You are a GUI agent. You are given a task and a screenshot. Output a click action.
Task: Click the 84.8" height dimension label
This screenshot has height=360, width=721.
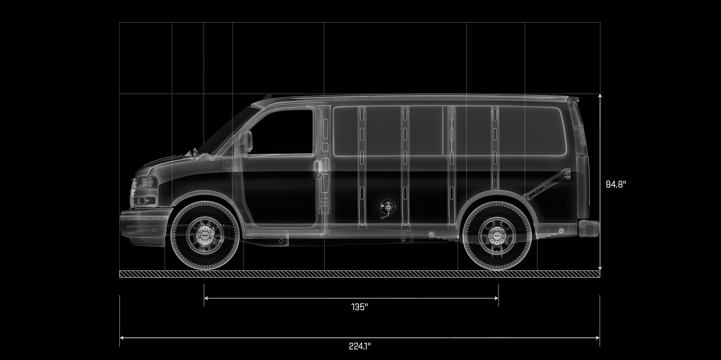tap(616, 184)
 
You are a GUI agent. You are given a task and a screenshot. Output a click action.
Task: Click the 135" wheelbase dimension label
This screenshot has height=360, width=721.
tap(359, 307)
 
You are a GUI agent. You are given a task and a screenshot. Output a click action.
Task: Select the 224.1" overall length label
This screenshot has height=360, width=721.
tap(359, 346)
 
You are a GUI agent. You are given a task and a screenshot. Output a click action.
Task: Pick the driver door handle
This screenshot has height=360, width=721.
tap(318, 169)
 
